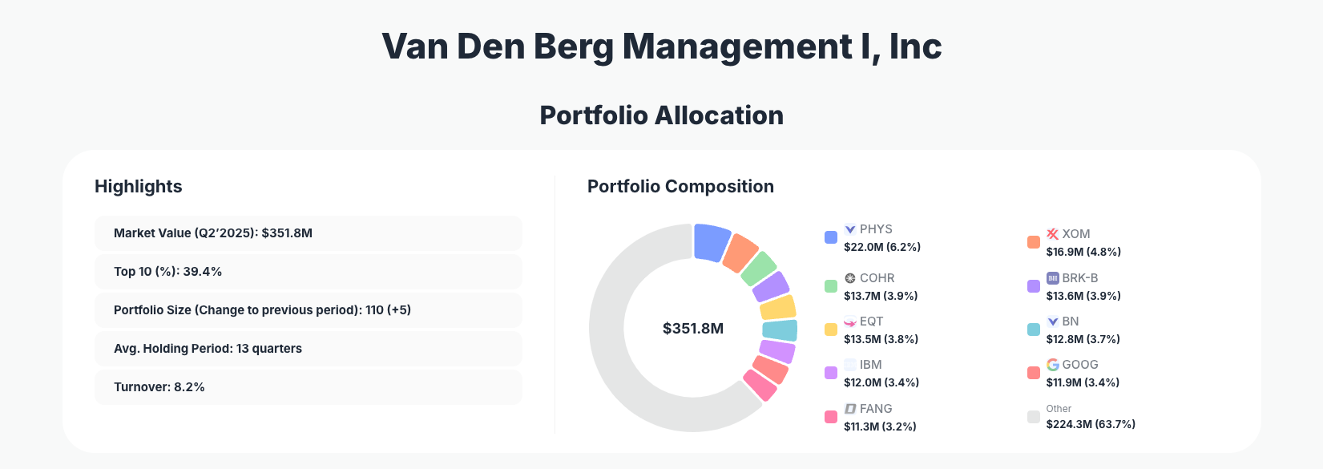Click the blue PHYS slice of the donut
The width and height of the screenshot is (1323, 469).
(x=711, y=242)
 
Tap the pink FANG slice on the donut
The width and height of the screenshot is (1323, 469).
(x=760, y=385)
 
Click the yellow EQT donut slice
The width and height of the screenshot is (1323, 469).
(x=777, y=307)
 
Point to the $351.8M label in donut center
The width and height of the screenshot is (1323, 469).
(x=693, y=329)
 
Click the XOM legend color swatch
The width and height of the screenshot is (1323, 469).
(x=1034, y=242)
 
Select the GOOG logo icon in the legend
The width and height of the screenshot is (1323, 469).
(x=1053, y=365)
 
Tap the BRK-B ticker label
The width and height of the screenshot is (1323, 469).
(x=1079, y=278)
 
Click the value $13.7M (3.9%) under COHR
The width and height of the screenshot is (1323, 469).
(x=881, y=296)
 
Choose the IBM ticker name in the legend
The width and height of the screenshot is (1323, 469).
(x=870, y=365)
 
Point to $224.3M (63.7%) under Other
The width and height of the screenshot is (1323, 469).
(x=1091, y=424)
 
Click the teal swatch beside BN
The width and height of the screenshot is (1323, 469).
(x=1034, y=330)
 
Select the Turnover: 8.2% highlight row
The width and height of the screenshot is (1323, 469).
(x=308, y=387)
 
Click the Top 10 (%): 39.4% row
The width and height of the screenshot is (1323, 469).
(x=308, y=272)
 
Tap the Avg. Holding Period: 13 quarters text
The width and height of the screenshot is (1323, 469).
(x=208, y=349)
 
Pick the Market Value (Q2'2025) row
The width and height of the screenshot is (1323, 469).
(x=308, y=233)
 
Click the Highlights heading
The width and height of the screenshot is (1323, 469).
(x=138, y=187)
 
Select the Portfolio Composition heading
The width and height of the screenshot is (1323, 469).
(x=680, y=187)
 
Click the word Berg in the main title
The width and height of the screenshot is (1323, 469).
(x=573, y=46)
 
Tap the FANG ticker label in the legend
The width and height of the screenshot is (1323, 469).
(x=876, y=409)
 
